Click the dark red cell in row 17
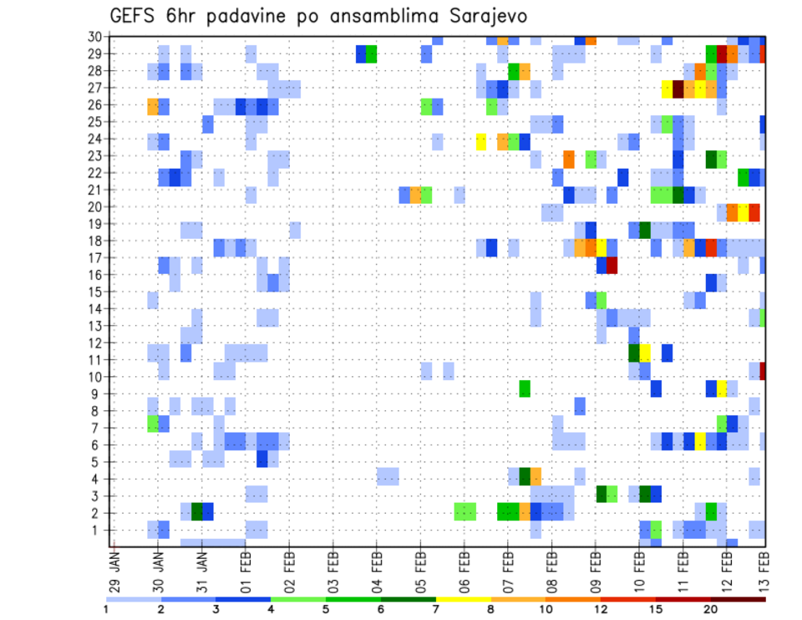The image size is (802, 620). pos(612,265)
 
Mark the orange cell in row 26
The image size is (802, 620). pos(153,106)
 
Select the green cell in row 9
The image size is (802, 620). pos(525,389)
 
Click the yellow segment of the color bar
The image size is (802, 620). pos(464,598)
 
